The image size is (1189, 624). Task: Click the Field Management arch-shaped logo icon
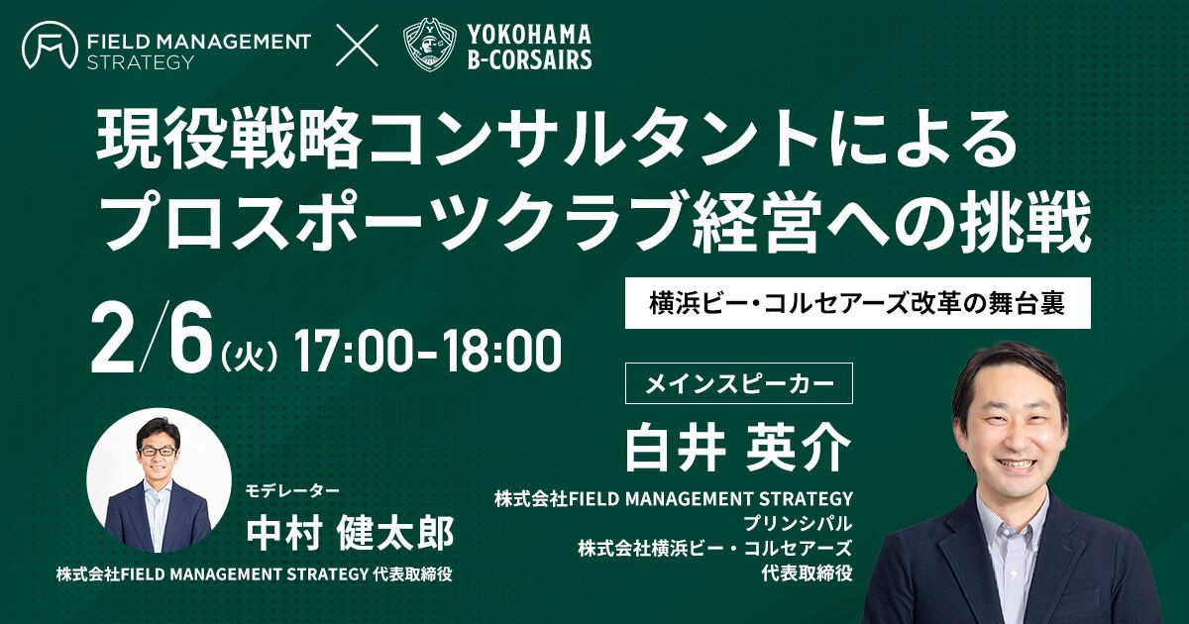click(50, 46)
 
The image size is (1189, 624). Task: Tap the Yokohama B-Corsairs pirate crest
click(430, 45)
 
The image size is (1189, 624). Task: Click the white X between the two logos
click(358, 46)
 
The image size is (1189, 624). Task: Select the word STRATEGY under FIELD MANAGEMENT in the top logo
click(140, 62)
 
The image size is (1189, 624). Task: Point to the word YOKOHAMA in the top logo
click(529, 34)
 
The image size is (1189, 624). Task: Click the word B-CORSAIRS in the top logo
click(529, 59)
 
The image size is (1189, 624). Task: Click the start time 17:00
click(353, 351)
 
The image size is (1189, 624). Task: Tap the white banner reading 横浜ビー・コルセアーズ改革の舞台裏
click(858, 303)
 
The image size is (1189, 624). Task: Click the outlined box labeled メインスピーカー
click(739, 383)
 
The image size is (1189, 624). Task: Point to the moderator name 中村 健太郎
click(350, 533)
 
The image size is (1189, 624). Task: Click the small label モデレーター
click(292, 491)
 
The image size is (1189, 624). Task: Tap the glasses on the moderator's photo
click(158, 452)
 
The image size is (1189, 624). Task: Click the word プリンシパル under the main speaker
click(798, 524)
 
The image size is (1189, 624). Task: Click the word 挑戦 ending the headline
click(1027, 226)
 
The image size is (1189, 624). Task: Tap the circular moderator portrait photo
click(159, 480)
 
